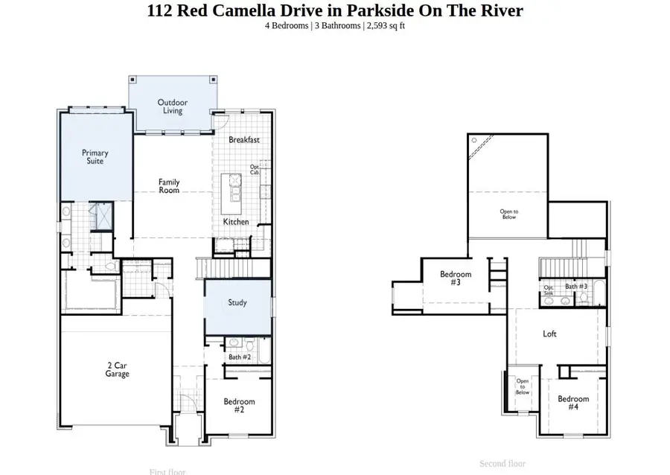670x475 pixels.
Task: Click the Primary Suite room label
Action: pos(95,157)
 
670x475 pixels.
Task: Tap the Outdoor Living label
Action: pos(172,106)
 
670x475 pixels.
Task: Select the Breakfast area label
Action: pos(243,139)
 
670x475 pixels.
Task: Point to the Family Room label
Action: pos(169,186)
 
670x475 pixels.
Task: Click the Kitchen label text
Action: pos(236,222)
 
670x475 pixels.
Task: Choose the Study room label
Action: pos(237,303)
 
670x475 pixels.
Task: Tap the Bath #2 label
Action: pos(240,357)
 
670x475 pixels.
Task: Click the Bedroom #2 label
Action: pos(240,406)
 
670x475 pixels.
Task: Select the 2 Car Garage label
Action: pos(117,369)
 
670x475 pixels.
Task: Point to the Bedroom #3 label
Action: pos(456,278)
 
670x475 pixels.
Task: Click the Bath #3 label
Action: pos(576,286)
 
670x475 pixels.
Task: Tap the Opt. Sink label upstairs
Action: pos(549,290)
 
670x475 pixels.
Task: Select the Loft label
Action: pos(549,334)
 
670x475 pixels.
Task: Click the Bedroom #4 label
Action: pos(573,403)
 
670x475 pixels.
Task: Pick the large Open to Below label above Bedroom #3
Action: pos(508,214)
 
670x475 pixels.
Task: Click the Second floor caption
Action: pos(502,464)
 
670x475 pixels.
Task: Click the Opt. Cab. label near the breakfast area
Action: pos(255,169)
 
